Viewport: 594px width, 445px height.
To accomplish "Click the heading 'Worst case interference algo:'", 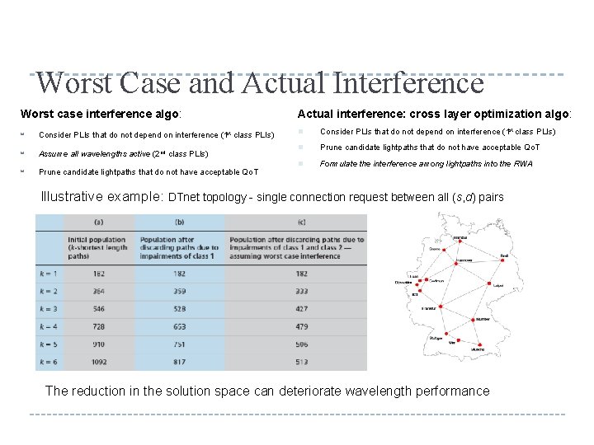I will pos(100,113).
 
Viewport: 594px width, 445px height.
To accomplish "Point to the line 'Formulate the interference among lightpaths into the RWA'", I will pos(426,164).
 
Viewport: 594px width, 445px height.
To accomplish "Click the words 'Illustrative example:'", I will pos(102,197).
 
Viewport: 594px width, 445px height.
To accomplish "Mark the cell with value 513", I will pos(301,361).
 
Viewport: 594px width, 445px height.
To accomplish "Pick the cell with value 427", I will pos(301,308).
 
